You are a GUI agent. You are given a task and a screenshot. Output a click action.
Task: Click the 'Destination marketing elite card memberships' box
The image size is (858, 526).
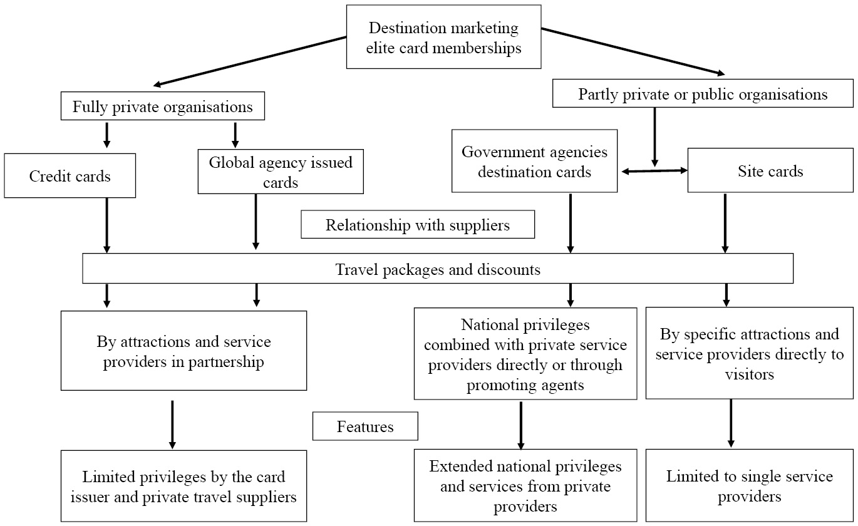pos(444,37)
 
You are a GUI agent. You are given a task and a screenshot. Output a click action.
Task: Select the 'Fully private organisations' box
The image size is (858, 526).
pos(162,106)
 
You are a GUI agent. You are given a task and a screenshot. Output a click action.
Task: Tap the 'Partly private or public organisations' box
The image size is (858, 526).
pos(703,95)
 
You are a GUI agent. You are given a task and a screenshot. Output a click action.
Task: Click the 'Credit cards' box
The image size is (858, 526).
pos(70,176)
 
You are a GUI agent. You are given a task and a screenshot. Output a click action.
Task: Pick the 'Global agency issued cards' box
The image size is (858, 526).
pos(281,172)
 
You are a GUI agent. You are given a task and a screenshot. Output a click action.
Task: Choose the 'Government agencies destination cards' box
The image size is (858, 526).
pos(534,161)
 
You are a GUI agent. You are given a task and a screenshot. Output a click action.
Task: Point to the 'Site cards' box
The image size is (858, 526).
pos(770,170)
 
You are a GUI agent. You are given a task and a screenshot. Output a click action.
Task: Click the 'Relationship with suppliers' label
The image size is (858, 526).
pos(418,225)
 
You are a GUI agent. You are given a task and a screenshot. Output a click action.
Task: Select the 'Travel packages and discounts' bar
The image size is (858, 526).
pos(438,269)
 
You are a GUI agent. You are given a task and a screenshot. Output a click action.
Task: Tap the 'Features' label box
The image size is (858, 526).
pos(365,426)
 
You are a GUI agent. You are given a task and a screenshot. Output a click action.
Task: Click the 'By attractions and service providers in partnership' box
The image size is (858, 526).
pos(183,351)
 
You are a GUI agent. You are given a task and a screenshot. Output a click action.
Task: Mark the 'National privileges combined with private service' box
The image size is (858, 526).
pos(525,354)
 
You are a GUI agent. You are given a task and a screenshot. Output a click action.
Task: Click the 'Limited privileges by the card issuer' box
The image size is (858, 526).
pos(183,486)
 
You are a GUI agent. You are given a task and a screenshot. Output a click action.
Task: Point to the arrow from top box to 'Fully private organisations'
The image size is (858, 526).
pos(251,60)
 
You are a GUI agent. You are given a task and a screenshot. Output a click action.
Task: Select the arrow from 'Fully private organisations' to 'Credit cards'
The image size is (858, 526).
pos(106,134)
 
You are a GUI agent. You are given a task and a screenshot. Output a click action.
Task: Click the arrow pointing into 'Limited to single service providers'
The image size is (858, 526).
pos(730,423)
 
